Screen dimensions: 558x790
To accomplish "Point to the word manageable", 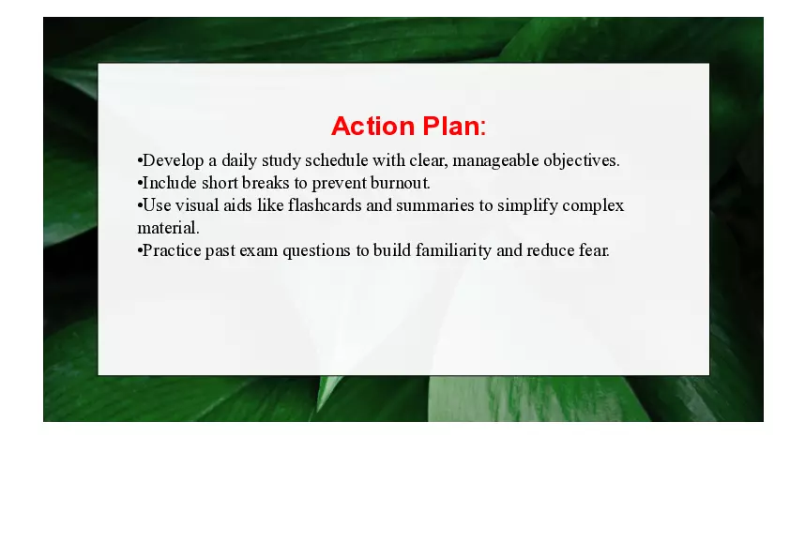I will (x=495, y=160).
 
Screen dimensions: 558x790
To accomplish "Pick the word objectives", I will (x=581, y=160).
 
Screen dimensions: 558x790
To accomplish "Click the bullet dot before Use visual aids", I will (x=140, y=205).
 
